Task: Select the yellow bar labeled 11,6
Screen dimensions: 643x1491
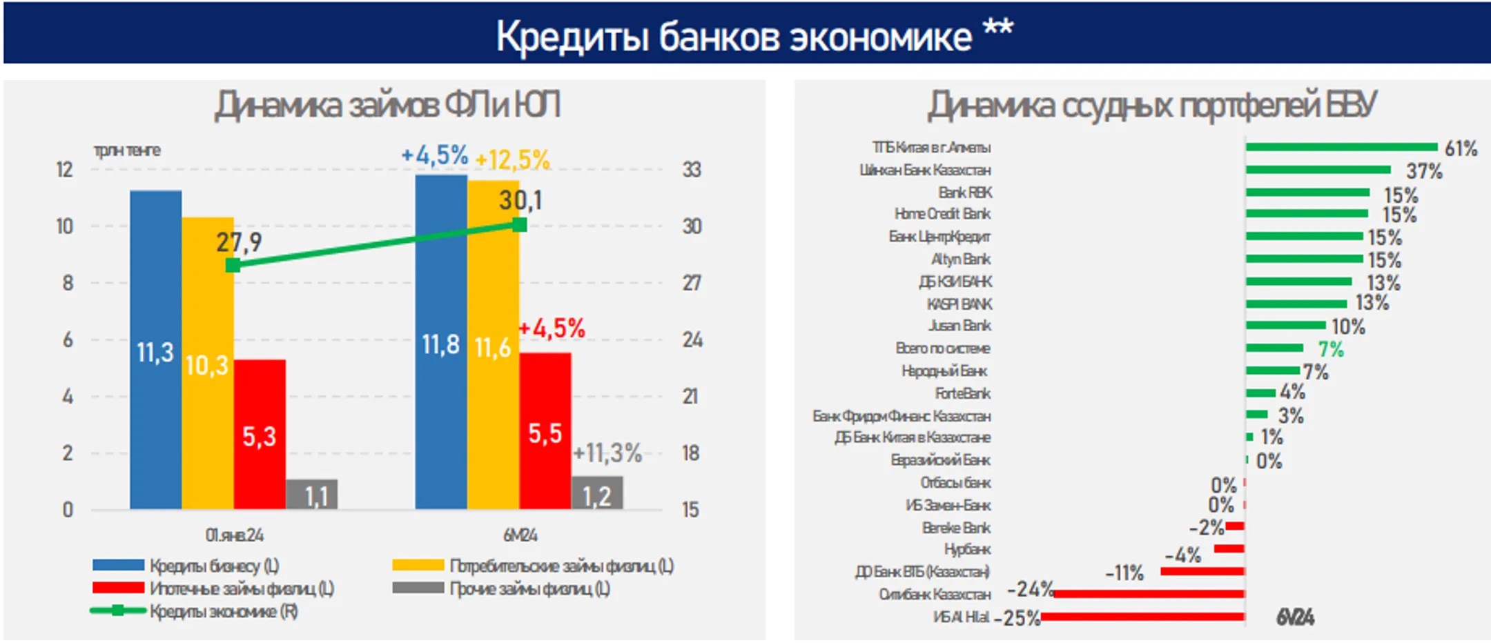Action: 493,345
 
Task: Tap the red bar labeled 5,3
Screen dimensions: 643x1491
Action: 260,434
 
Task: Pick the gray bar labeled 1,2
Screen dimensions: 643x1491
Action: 597,493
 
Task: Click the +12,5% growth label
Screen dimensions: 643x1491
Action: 512,160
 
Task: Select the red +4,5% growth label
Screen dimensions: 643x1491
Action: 552,328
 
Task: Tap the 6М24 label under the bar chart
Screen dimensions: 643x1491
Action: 520,535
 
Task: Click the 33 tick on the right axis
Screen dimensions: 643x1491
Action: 692,170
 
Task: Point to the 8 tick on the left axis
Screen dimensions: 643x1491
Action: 68,283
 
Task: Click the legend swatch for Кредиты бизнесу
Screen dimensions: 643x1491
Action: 118,566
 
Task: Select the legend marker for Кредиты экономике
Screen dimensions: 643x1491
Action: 118,611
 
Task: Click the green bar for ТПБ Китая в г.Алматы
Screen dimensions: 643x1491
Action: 1341,147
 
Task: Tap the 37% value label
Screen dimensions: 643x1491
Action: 1424,170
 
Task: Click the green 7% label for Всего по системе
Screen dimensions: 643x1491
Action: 1331,349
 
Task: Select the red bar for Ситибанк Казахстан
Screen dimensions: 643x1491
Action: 1149,594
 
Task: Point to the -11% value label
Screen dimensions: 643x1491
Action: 1124,573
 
